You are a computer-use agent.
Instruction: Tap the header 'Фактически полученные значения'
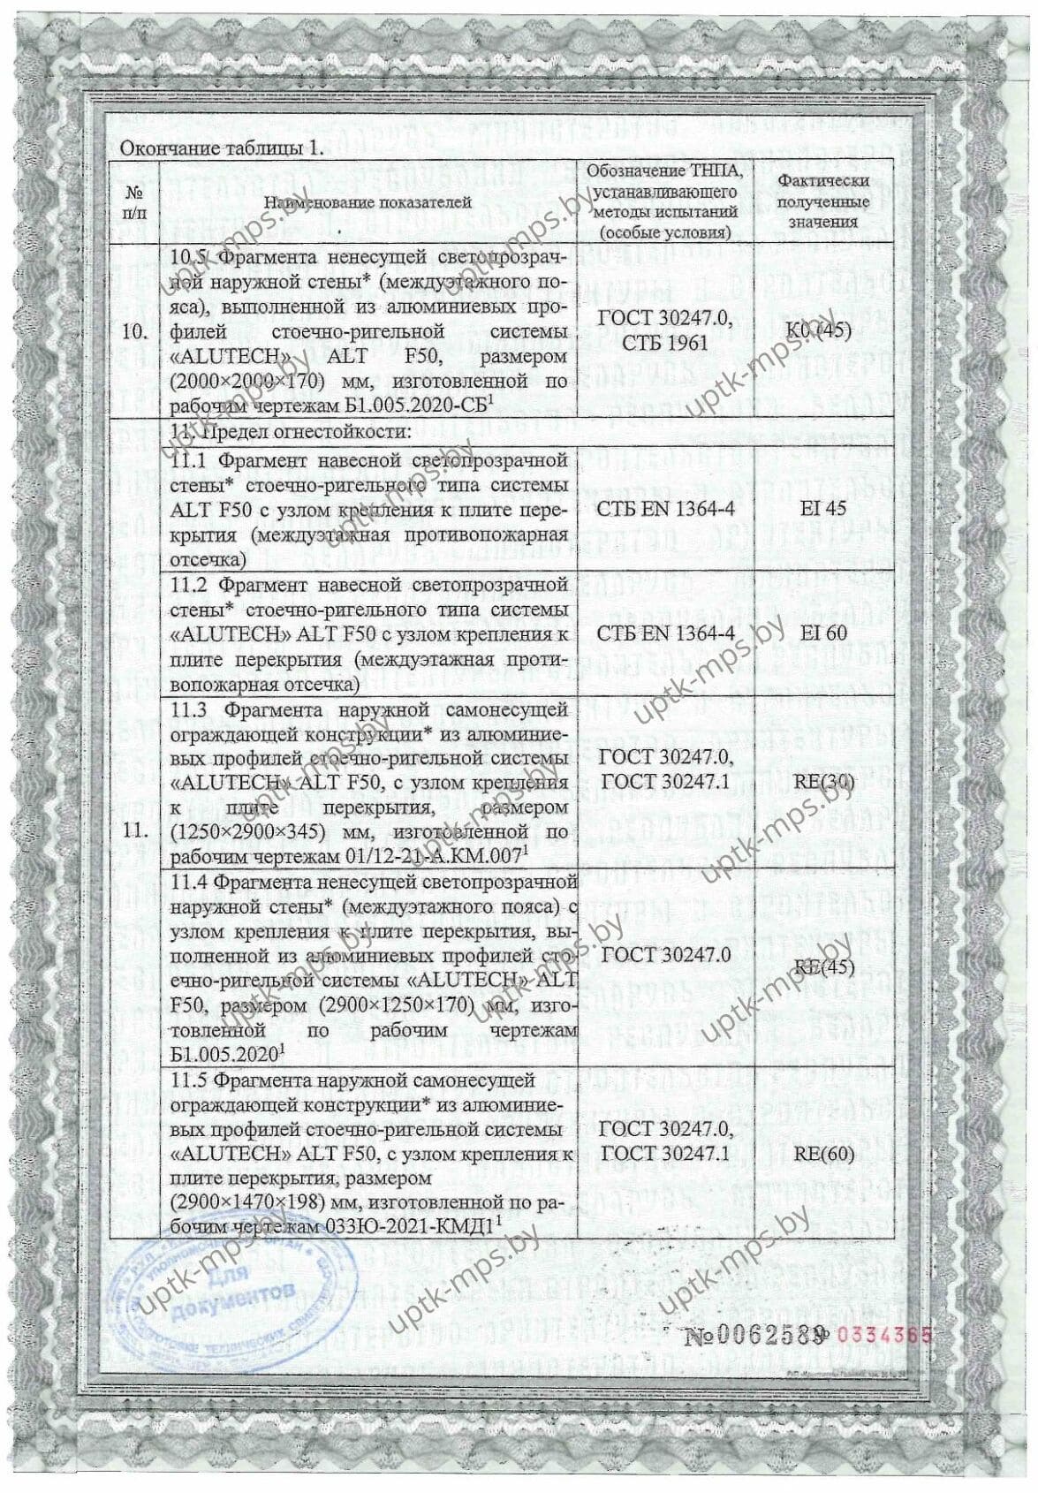pos(822,201)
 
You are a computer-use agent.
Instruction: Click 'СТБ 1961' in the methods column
pos(664,343)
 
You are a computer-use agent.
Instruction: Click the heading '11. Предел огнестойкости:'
pos(292,432)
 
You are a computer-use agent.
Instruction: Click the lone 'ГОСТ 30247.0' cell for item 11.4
pos(664,955)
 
